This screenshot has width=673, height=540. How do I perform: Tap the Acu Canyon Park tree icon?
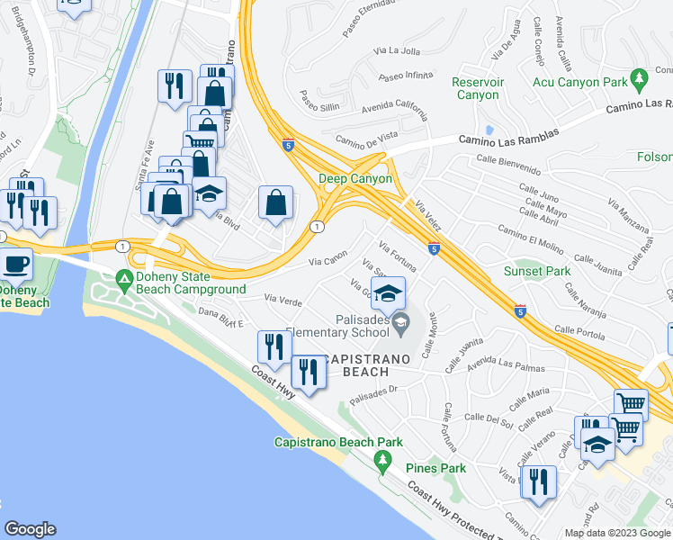coord(641,79)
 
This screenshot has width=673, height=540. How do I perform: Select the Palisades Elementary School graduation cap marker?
coord(388,293)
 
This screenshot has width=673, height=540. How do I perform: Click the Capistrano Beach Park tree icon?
coord(383,460)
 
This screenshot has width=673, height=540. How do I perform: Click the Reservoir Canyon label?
coord(476,88)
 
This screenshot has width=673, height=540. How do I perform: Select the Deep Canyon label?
coord(355,178)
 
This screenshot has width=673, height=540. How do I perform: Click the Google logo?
coord(30,529)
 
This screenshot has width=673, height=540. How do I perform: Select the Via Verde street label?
coord(283,296)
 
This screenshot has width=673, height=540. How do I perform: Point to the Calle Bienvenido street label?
coord(508,164)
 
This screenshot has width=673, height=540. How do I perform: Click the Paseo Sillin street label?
coord(319,97)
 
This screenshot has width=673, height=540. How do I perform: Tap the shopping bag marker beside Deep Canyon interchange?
coord(275,202)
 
